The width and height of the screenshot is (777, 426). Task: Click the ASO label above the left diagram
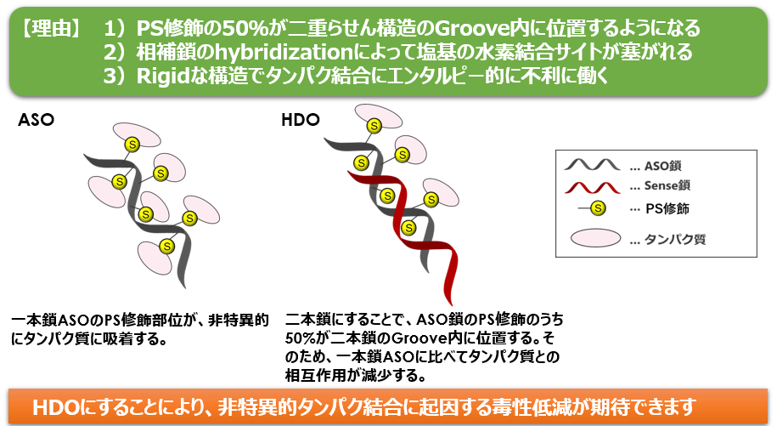point(36,120)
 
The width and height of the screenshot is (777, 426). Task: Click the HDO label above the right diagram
point(301,120)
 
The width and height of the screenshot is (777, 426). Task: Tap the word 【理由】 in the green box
point(50,28)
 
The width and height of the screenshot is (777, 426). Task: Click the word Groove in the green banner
point(471,28)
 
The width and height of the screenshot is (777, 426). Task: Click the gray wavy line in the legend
point(592,165)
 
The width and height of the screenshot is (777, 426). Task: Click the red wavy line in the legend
point(592,187)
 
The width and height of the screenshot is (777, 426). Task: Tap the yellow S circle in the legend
point(598,207)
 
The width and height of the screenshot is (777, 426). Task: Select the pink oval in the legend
point(595,238)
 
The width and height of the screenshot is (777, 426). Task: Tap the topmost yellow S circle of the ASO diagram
point(132,145)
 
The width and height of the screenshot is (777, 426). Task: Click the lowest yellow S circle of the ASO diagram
point(167,246)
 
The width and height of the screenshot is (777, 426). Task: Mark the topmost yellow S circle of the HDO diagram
point(374,126)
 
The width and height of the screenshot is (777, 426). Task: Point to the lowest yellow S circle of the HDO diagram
point(408,228)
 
